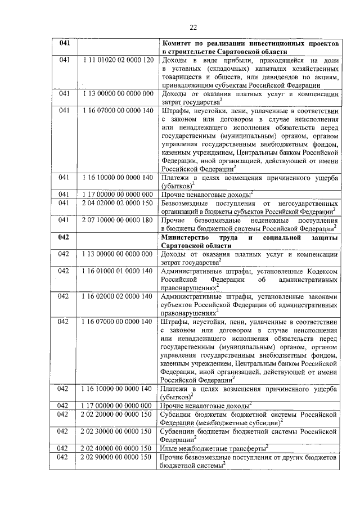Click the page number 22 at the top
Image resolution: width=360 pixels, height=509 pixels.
[193, 27]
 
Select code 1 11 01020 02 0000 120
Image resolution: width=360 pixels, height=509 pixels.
[118, 60]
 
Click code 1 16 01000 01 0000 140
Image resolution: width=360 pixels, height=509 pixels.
[118, 271]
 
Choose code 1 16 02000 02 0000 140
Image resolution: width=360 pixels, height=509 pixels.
[118, 296]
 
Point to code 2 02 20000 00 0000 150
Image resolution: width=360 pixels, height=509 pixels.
[118, 415]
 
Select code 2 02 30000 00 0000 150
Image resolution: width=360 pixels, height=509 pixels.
[118, 431]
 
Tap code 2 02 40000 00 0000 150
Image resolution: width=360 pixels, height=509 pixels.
[118, 448]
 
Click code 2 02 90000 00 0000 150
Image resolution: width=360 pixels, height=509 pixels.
[118, 457]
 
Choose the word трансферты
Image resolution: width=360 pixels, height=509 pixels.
[242, 448]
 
